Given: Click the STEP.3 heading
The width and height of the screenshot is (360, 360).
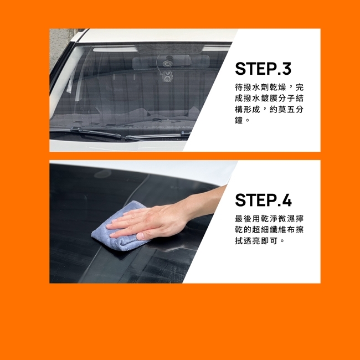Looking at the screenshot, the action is (263, 69).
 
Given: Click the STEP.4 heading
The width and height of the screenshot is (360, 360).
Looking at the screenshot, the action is (263, 200).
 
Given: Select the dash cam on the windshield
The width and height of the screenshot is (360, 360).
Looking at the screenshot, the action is (167, 76).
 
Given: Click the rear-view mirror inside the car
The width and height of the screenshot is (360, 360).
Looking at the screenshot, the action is (171, 61).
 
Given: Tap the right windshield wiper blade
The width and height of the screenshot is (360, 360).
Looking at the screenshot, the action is (158, 136).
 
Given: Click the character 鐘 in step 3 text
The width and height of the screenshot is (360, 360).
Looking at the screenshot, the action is (239, 120).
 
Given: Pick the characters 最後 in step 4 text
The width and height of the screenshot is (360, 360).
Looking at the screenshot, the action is (243, 219).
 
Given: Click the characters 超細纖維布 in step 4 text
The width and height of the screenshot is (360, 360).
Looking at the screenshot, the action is (274, 230).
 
